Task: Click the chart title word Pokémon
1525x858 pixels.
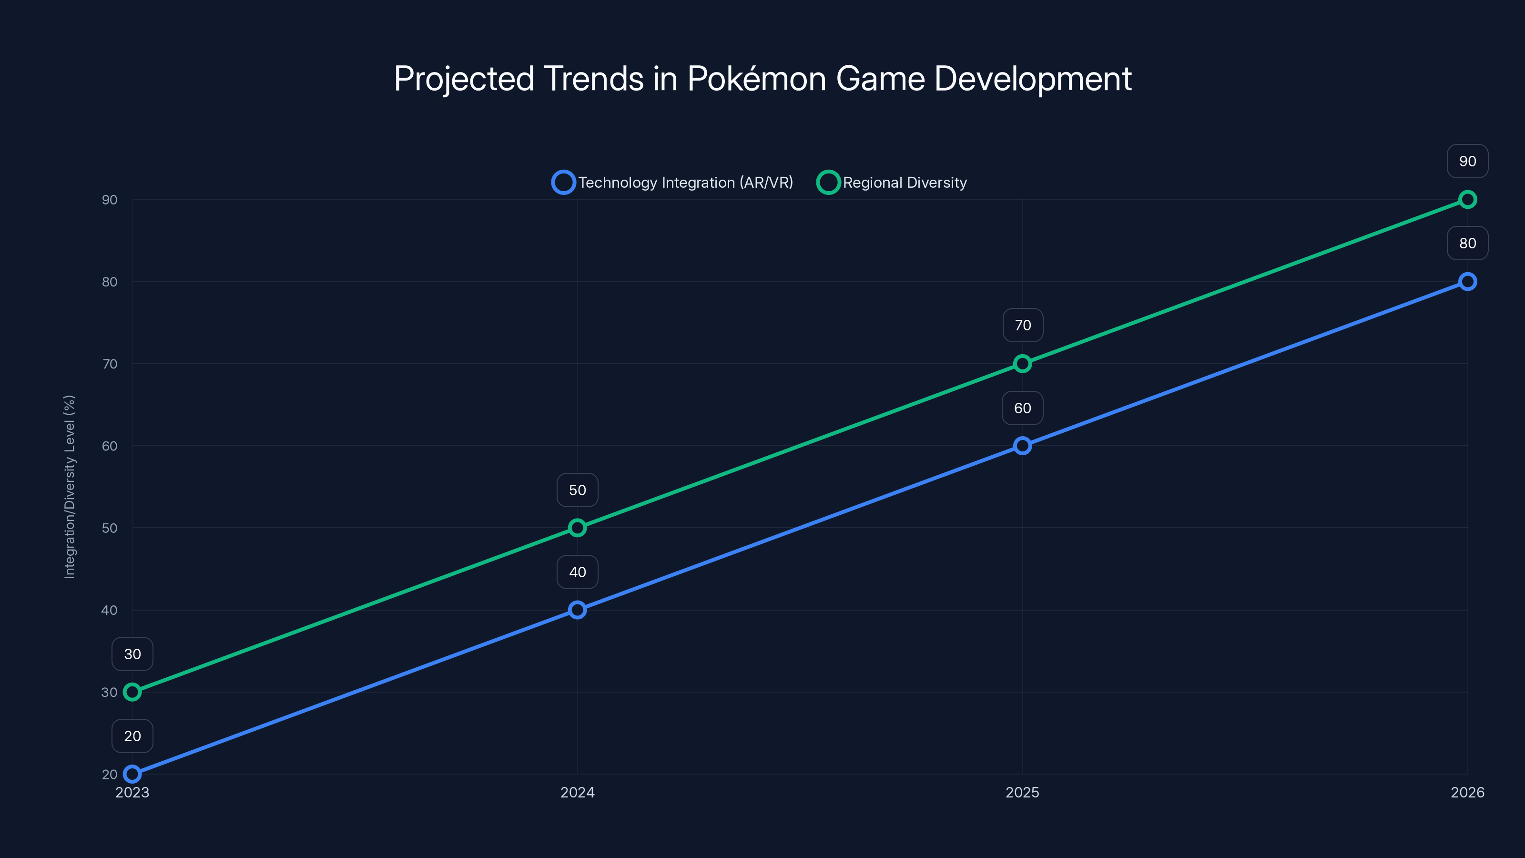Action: (x=756, y=79)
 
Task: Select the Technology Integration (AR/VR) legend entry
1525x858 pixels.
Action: (x=672, y=183)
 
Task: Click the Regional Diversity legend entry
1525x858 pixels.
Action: (x=892, y=183)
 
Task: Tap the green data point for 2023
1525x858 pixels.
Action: (x=132, y=692)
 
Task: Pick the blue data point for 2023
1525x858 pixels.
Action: (x=132, y=774)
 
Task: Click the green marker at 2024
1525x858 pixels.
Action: (x=577, y=528)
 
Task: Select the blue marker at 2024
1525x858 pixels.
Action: (x=577, y=610)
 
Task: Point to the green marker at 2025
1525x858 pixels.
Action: (x=1022, y=364)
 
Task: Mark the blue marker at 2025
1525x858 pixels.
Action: (x=1022, y=445)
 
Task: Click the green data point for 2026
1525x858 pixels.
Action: (x=1468, y=200)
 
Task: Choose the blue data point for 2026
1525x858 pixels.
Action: (x=1468, y=281)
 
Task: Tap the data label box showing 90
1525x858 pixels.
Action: (x=1468, y=161)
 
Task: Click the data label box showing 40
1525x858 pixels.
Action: (x=577, y=572)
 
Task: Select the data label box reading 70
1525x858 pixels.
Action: (x=1022, y=325)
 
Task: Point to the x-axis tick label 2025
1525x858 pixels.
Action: (x=1022, y=792)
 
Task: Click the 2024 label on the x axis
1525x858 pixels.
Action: (x=577, y=792)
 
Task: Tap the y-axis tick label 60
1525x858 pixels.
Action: (x=110, y=446)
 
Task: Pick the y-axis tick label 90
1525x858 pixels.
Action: (x=110, y=200)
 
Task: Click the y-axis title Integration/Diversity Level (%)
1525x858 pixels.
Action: (x=69, y=487)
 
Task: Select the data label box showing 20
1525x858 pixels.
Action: (x=132, y=736)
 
